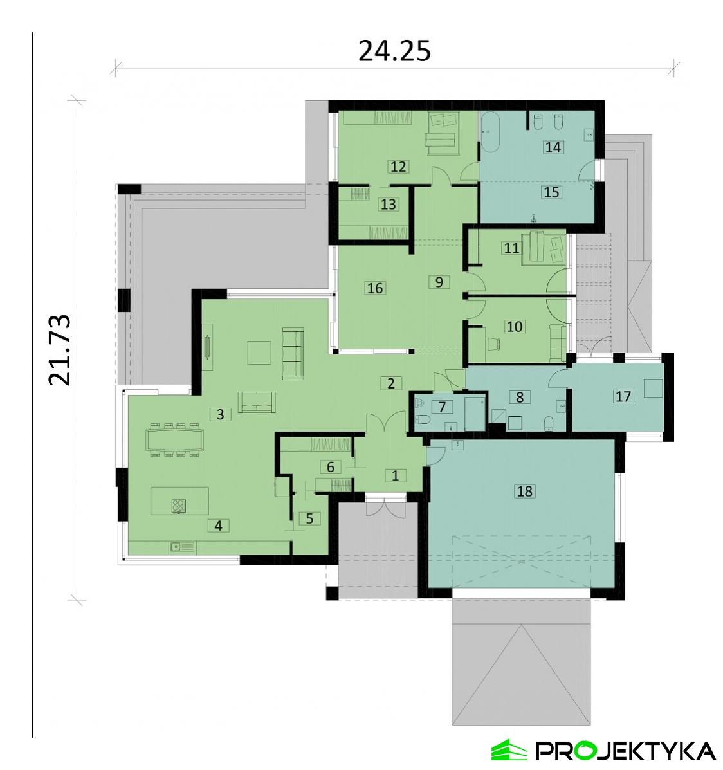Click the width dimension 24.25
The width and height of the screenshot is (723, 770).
click(x=394, y=51)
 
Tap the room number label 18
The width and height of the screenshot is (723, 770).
click(x=525, y=491)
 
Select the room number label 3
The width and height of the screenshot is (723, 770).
click(x=220, y=414)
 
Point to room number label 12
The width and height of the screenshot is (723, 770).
click(x=398, y=167)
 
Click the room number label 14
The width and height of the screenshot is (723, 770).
click(x=553, y=147)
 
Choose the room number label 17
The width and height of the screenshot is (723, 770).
click(x=623, y=396)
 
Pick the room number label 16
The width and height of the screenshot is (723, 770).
click(x=375, y=288)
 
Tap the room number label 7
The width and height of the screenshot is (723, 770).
click(x=442, y=407)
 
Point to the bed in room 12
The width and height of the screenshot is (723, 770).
click(x=442, y=129)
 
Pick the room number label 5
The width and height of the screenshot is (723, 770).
click(x=309, y=518)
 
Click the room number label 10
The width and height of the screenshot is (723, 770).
click(x=515, y=326)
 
